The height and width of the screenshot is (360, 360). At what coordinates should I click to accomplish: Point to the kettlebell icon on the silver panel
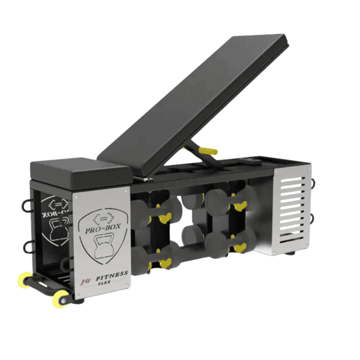click(103, 248)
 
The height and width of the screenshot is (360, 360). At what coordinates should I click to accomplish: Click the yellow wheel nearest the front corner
click(62, 298)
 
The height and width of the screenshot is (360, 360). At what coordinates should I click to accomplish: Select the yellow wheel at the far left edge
click(25, 278)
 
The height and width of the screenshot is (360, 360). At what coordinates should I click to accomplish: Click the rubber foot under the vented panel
click(290, 254)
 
